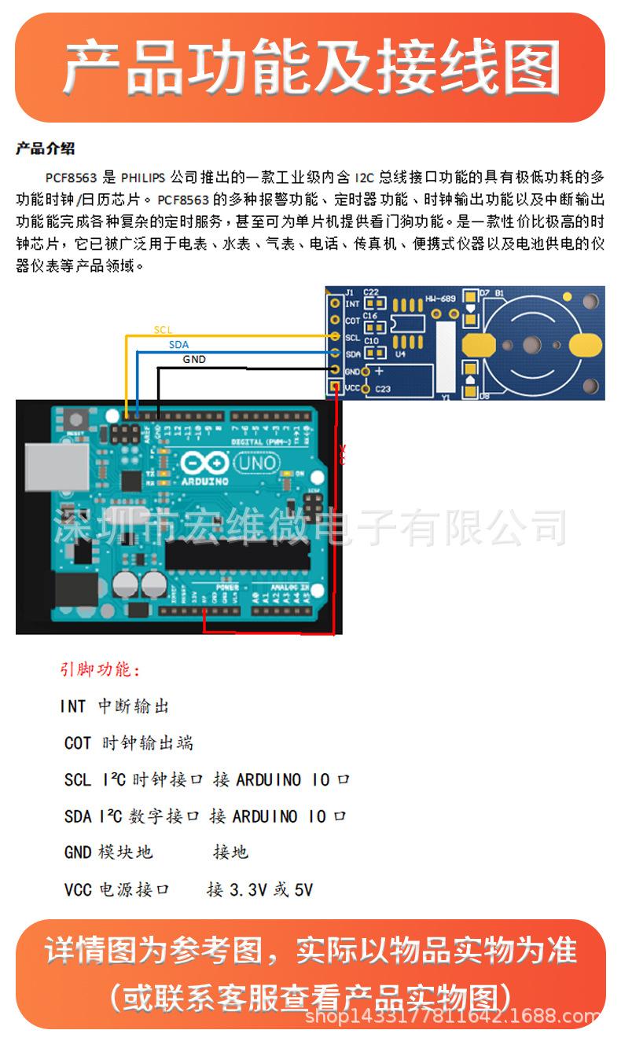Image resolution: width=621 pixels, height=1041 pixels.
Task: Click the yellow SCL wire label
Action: (162, 330)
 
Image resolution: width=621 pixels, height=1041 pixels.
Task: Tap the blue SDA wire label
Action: (178, 345)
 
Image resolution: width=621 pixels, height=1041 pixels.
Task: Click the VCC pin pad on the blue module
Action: (336, 388)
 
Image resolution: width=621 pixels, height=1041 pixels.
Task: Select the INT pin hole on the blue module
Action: (335, 302)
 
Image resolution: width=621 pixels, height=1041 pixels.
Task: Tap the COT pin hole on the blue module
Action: (335, 320)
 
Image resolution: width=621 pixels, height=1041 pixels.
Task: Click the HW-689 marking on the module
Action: (440, 299)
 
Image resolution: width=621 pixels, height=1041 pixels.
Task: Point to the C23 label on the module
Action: (383, 389)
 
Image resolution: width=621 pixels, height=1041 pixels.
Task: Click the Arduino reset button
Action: (76, 422)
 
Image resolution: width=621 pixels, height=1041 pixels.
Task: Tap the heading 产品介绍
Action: (45, 148)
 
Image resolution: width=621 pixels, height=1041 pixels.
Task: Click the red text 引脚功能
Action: (100, 670)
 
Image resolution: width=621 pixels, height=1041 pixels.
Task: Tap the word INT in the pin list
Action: (73, 706)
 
